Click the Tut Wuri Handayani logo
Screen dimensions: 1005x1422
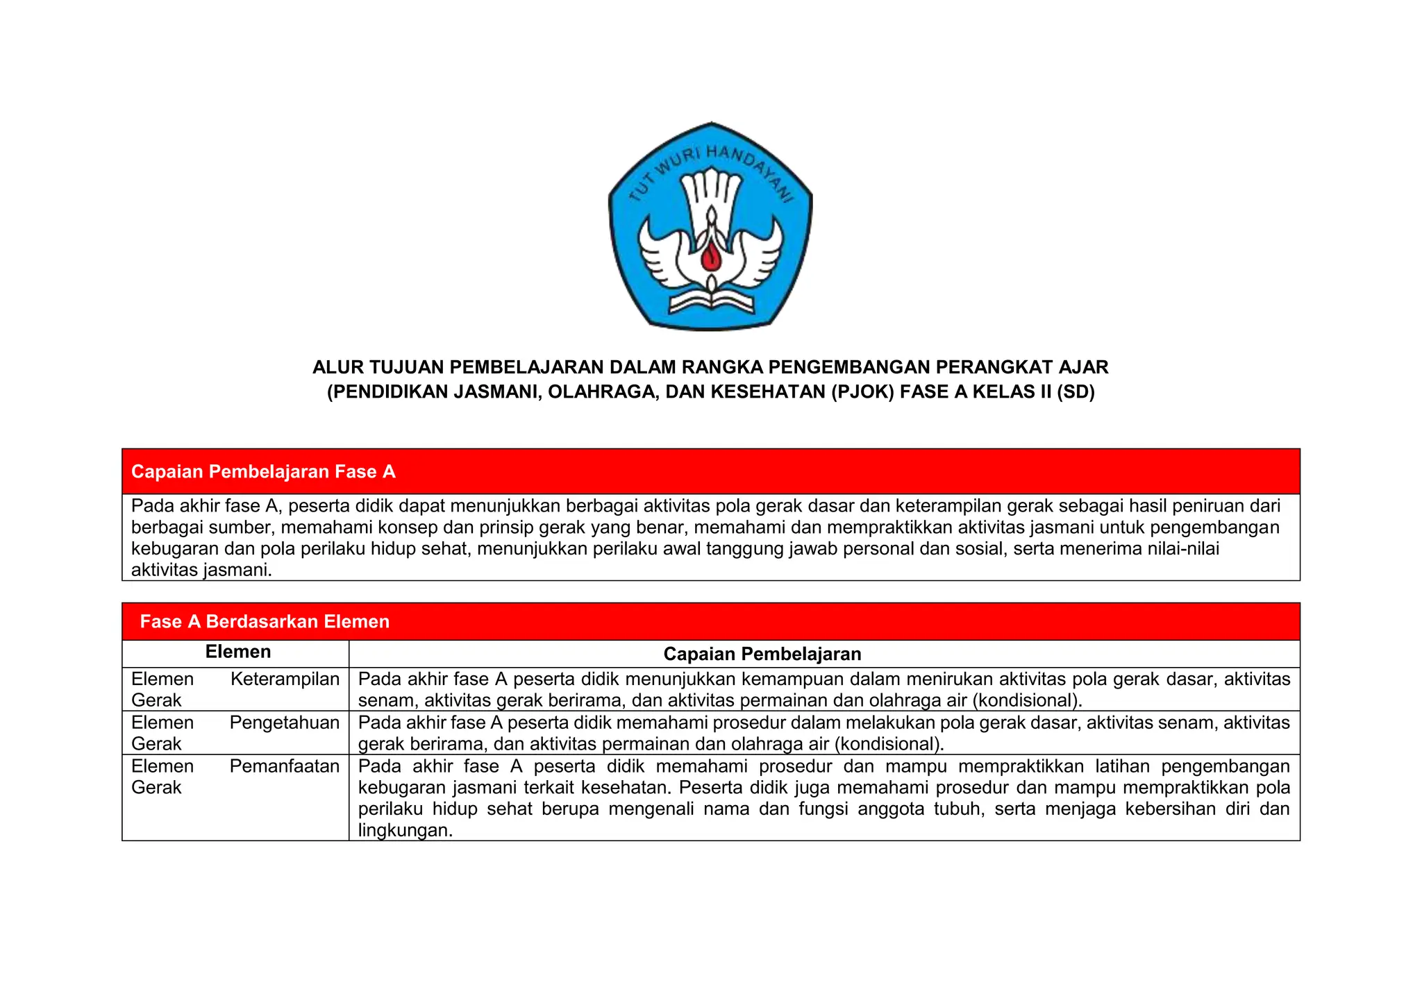pyautogui.click(x=710, y=226)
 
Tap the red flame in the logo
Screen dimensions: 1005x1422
pyautogui.click(x=711, y=257)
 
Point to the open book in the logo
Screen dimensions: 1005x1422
pyautogui.click(x=711, y=303)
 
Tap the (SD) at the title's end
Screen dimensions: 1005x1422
pyautogui.click(x=1076, y=392)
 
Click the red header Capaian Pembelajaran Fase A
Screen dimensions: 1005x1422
pyautogui.click(x=263, y=472)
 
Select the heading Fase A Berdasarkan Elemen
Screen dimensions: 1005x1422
pyautogui.click(x=265, y=621)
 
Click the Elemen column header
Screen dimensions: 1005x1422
pyautogui.click(x=238, y=652)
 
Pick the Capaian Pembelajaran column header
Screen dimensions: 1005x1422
pyautogui.click(x=762, y=654)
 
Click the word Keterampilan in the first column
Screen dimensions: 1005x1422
pyautogui.click(x=285, y=679)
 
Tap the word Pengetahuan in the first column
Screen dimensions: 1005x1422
pyautogui.click(x=285, y=723)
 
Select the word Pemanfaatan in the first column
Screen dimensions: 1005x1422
pyautogui.click(x=285, y=766)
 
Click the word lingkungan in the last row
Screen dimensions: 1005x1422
pyautogui.click(x=405, y=830)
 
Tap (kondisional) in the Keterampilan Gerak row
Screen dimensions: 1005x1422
pyautogui.click(x=1027, y=700)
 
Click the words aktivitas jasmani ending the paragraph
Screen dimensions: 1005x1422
pyautogui.click(x=201, y=571)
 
